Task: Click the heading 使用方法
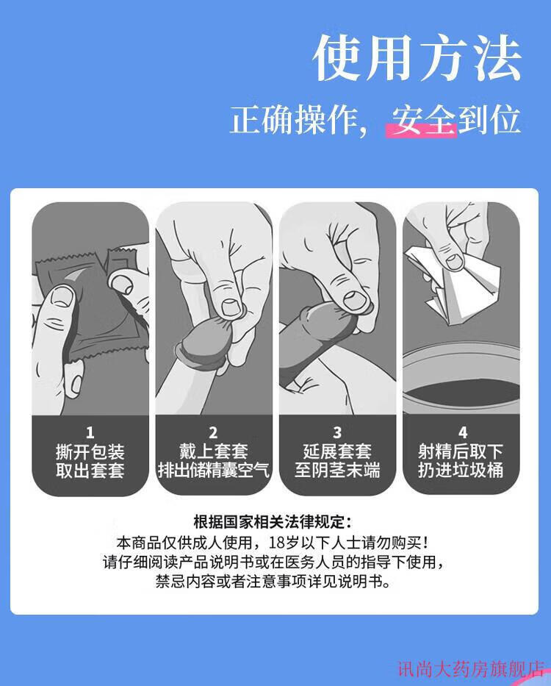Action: coord(417,58)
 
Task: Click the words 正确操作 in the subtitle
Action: coord(293,120)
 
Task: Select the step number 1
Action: coord(90,432)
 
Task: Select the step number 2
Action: coord(213,432)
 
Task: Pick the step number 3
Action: coord(336,432)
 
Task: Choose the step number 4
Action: coord(463,432)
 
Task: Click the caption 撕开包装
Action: coord(90,451)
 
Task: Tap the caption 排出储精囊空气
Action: coord(213,471)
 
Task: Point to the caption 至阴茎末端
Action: coord(337,471)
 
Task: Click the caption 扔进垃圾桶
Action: coord(461,471)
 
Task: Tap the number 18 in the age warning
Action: coord(276,543)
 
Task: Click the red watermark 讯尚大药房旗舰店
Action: coord(470,669)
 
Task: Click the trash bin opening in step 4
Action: coord(461,392)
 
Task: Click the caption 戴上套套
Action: coord(213,451)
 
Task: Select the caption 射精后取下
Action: coord(461,451)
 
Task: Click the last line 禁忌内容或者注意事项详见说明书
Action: coord(273,582)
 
